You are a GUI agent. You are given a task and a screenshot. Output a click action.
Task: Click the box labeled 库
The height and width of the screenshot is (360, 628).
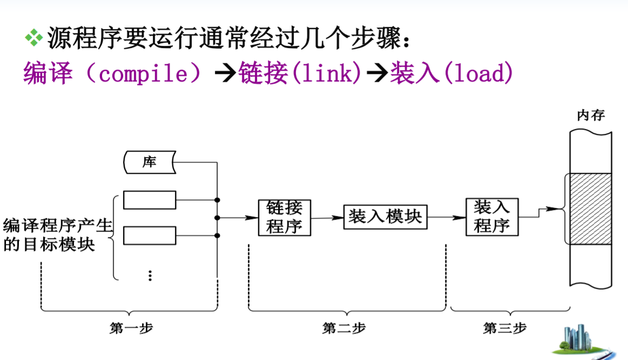pos(150,162)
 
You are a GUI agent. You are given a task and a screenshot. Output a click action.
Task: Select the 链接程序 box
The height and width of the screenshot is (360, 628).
pos(285,218)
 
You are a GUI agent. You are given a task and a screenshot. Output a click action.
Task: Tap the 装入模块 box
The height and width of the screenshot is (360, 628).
pos(384,217)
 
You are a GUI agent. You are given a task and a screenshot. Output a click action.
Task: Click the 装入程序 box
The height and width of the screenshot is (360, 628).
pos(491,217)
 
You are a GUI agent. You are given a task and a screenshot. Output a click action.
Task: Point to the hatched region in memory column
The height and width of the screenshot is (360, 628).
pos(589,208)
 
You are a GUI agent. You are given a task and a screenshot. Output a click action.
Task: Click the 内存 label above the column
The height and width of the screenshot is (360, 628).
pos(591,116)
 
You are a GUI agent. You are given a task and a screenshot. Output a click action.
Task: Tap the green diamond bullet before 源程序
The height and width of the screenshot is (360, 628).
pos(33,37)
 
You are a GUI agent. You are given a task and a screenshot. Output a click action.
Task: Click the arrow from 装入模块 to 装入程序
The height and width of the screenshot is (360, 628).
pos(446,218)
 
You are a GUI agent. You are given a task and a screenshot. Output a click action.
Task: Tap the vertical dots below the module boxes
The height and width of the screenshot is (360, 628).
pos(150,275)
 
